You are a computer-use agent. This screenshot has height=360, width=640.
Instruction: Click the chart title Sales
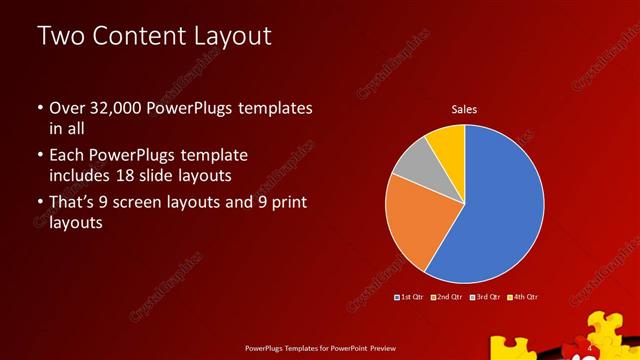click(464, 108)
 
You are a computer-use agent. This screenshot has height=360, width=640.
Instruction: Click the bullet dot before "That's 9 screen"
click(39, 204)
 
